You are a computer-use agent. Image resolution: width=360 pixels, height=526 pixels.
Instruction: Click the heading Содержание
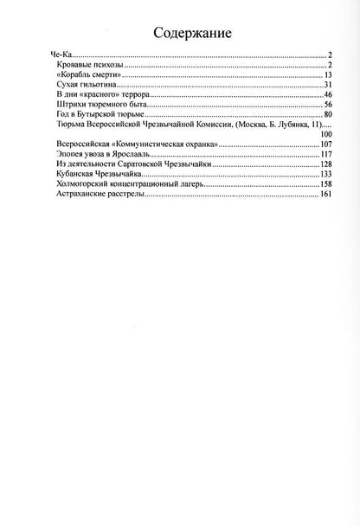[x=179, y=34]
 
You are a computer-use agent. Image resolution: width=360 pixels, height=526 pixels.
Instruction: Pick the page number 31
[x=328, y=86]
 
